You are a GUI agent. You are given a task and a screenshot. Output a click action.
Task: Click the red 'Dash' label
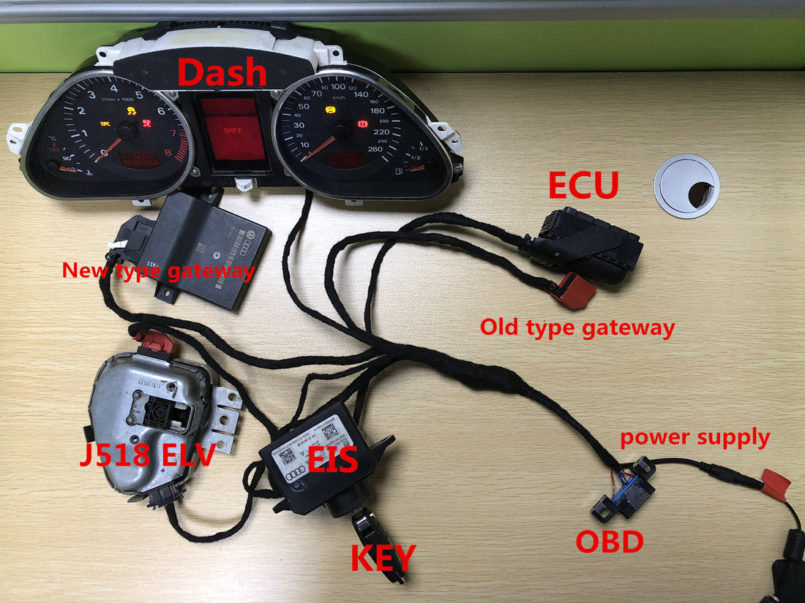pos(222,72)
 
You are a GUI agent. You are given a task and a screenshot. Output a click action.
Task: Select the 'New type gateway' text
pos(158,271)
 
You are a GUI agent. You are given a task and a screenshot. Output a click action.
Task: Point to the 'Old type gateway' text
pos(577,327)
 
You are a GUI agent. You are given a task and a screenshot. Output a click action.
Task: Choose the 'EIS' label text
pos(332,460)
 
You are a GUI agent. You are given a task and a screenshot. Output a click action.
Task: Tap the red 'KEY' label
pos(383,558)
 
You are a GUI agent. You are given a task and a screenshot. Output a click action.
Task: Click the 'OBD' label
pos(610,541)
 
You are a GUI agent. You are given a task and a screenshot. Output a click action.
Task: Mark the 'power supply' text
pos(694,438)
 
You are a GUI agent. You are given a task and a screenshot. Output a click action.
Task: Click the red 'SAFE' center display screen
pos(233,129)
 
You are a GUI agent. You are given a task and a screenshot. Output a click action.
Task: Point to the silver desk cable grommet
pos(686,186)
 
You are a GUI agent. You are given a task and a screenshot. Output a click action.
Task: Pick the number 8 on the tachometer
pos(168,153)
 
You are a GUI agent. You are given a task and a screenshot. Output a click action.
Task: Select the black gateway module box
pos(209,249)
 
